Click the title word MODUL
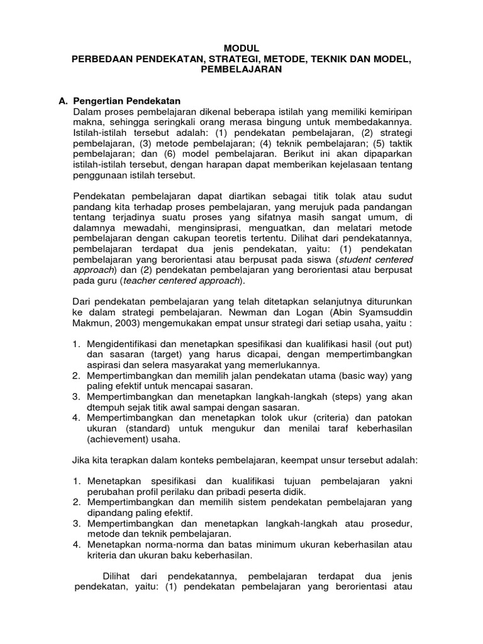[241, 48]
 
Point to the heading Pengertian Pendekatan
[127, 101]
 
